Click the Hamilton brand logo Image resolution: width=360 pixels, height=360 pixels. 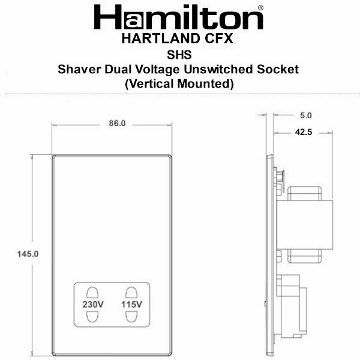tap(178, 17)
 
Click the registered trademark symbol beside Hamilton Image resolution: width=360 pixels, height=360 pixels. tap(260, 8)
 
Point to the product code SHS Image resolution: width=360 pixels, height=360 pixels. tap(179, 55)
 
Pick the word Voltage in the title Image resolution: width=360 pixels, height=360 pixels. tap(157, 70)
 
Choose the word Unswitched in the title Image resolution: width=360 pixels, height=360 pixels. tap(218, 69)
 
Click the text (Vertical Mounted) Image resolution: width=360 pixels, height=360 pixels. tap(179, 84)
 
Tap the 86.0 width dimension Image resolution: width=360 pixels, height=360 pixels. tap(117, 124)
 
